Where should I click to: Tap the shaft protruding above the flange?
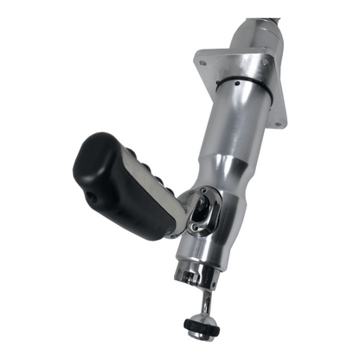(x=255, y=30)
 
